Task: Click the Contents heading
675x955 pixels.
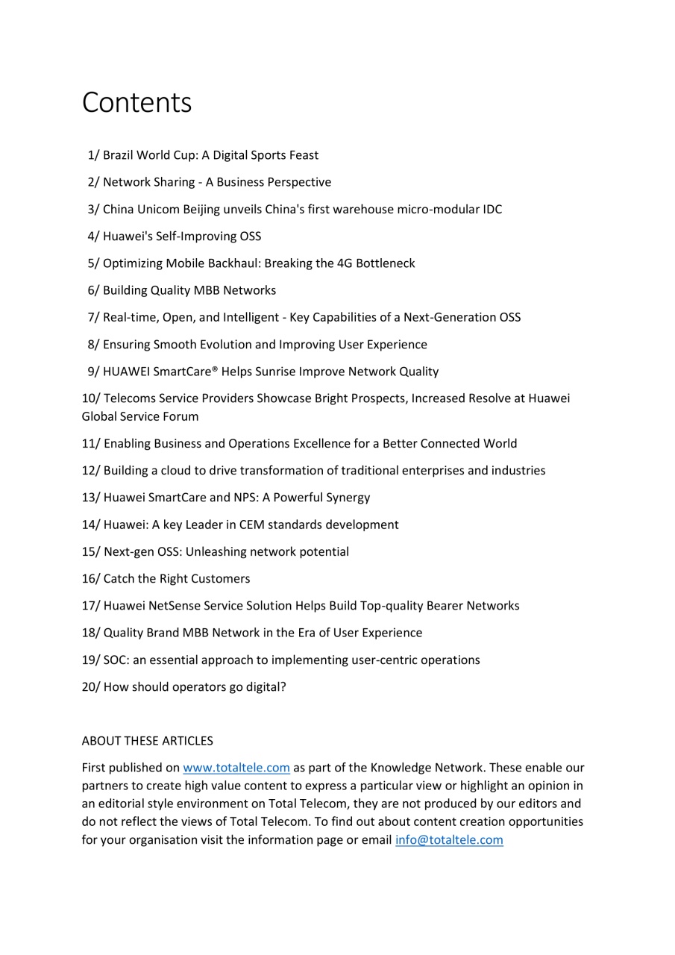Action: coord(136,103)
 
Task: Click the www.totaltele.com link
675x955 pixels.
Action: coord(236,768)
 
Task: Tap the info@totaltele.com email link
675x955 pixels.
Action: coord(449,840)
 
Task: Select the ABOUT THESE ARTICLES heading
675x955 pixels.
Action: coord(147,741)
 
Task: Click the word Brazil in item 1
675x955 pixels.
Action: coord(119,155)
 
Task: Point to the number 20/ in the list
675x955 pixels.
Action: coord(90,687)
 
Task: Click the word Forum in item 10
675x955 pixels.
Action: coord(182,416)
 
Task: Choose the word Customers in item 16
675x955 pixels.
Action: coord(221,579)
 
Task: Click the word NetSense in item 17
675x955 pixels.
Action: coord(172,606)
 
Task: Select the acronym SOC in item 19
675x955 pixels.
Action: coord(116,660)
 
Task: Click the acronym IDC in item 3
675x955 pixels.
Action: coord(492,210)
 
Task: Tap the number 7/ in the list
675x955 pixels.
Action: coord(93,317)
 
